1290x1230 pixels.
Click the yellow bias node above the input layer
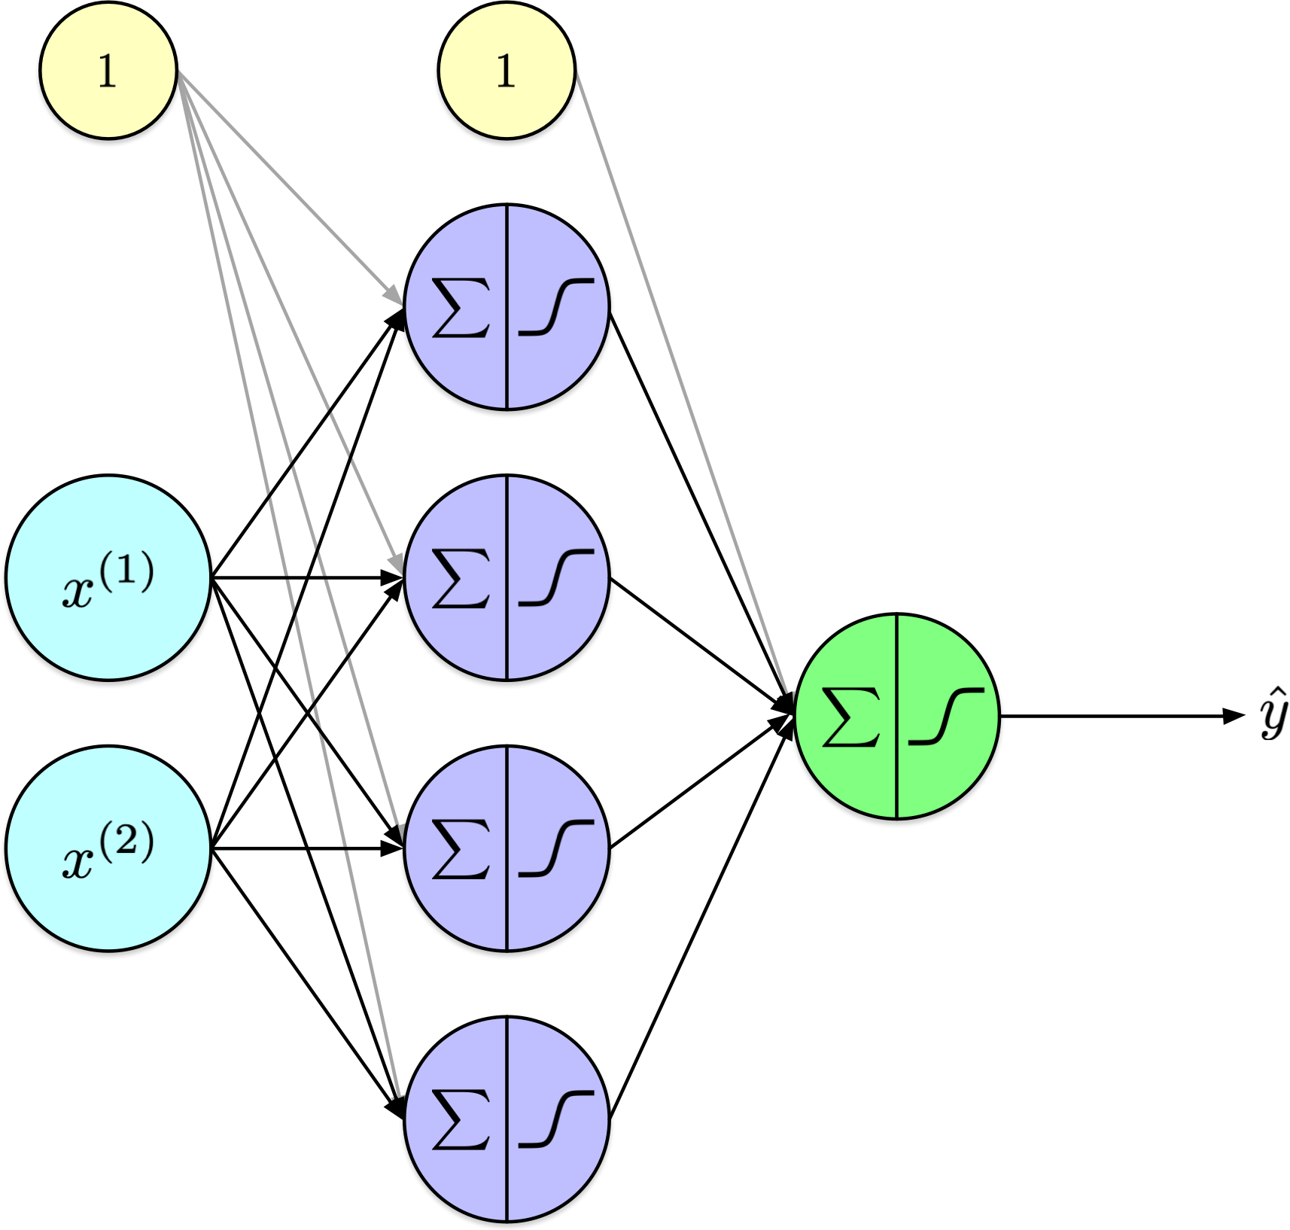[108, 71]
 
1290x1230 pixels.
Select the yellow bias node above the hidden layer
[507, 71]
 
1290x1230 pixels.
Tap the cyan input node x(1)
[108, 577]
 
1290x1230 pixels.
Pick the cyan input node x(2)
[108, 848]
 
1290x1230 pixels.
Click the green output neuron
[896, 716]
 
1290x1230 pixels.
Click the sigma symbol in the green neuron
[851, 717]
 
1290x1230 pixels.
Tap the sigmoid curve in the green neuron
[945, 717]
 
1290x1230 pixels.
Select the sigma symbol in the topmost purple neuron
[461, 307]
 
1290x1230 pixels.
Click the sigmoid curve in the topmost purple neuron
[555, 307]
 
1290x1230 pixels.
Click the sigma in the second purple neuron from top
[461, 578]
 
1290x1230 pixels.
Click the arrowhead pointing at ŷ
[1234, 716]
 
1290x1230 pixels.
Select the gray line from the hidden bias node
[677, 376]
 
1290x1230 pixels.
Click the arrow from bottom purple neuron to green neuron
[700, 918]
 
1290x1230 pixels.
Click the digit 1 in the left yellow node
[108, 72]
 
